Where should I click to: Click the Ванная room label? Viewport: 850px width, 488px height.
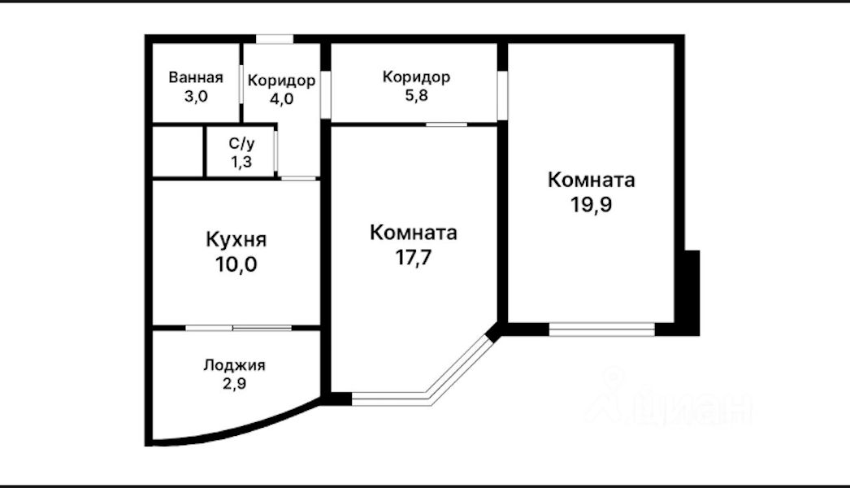pos(195,78)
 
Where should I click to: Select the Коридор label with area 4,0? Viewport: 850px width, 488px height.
pos(281,81)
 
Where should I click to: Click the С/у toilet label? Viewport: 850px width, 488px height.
pos(241,143)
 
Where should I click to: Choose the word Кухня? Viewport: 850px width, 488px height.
pos(236,241)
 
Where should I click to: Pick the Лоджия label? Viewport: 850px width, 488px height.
pos(234,365)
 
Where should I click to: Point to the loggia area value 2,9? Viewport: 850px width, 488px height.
pos(234,382)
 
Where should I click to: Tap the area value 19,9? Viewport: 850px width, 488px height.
pos(591,203)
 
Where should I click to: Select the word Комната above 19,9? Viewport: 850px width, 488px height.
pos(591,180)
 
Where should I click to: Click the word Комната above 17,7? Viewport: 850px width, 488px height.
pos(413,233)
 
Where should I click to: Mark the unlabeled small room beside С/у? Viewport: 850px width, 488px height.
pos(177,151)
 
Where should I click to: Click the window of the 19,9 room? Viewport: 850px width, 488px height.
pos(601,329)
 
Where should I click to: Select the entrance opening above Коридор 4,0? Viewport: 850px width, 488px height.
pos(275,38)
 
